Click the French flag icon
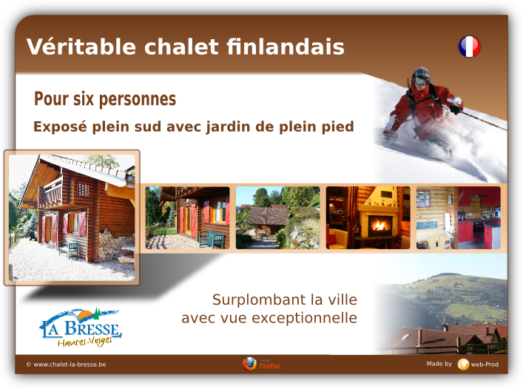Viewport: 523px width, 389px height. (x=469, y=47)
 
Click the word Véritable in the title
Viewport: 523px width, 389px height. (x=81, y=47)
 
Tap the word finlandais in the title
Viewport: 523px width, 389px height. (x=286, y=46)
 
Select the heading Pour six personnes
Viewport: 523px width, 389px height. (x=105, y=99)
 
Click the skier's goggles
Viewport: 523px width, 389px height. (x=420, y=81)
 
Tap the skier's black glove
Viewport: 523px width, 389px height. (x=456, y=109)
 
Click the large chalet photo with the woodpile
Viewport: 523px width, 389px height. (x=72, y=217)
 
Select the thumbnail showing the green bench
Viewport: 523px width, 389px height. (x=187, y=217)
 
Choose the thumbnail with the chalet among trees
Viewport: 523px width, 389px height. (x=278, y=217)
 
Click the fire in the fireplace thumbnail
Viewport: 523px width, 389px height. (x=379, y=225)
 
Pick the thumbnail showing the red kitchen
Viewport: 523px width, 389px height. (x=459, y=217)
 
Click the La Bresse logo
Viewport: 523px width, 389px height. (x=81, y=328)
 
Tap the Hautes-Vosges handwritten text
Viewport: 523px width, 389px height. (x=85, y=342)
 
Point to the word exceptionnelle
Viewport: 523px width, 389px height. (x=304, y=318)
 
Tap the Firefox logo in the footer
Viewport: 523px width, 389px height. (x=249, y=364)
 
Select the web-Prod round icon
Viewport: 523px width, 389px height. (x=463, y=365)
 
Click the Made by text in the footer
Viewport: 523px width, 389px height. (x=439, y=364)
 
